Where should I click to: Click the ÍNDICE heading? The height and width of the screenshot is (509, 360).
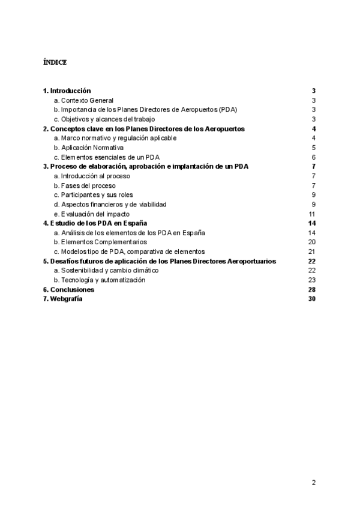pyautogui.click(x=55, y=62)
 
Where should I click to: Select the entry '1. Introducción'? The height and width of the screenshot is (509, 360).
pyautogui.click(x=67, y=91)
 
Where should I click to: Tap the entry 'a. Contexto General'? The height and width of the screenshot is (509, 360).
pyautogui.click(x=83, y=100)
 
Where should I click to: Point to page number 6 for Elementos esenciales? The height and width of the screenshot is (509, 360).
pyautogui.click(x=314, y=157)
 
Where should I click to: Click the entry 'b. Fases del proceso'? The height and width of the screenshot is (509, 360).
pyautogui.click(x=84, y=185)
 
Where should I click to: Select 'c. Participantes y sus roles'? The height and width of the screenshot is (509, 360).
pyautogui.click(x=93, y=195)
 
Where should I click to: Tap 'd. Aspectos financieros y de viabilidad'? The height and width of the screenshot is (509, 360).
pyautogui.click(x=110, y=205)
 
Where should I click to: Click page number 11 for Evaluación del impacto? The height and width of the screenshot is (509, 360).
pyautogui.click(x=312, y=214)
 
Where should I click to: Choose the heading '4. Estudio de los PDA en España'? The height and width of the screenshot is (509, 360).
pyautogui.click(x=95, y=223)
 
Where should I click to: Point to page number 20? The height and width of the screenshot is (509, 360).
pyautogui.click(x=311, y=242)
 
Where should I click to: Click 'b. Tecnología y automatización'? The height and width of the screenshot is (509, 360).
pyautogui.click(x=99, y=280)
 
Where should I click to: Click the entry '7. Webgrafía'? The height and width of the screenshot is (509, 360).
pyautogui.click(x=63, y=299)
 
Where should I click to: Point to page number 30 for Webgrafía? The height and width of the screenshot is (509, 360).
pyautogui.click(x=311, y=299)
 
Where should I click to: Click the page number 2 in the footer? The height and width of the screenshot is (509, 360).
pyautogui.click(x=313, y=482)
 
